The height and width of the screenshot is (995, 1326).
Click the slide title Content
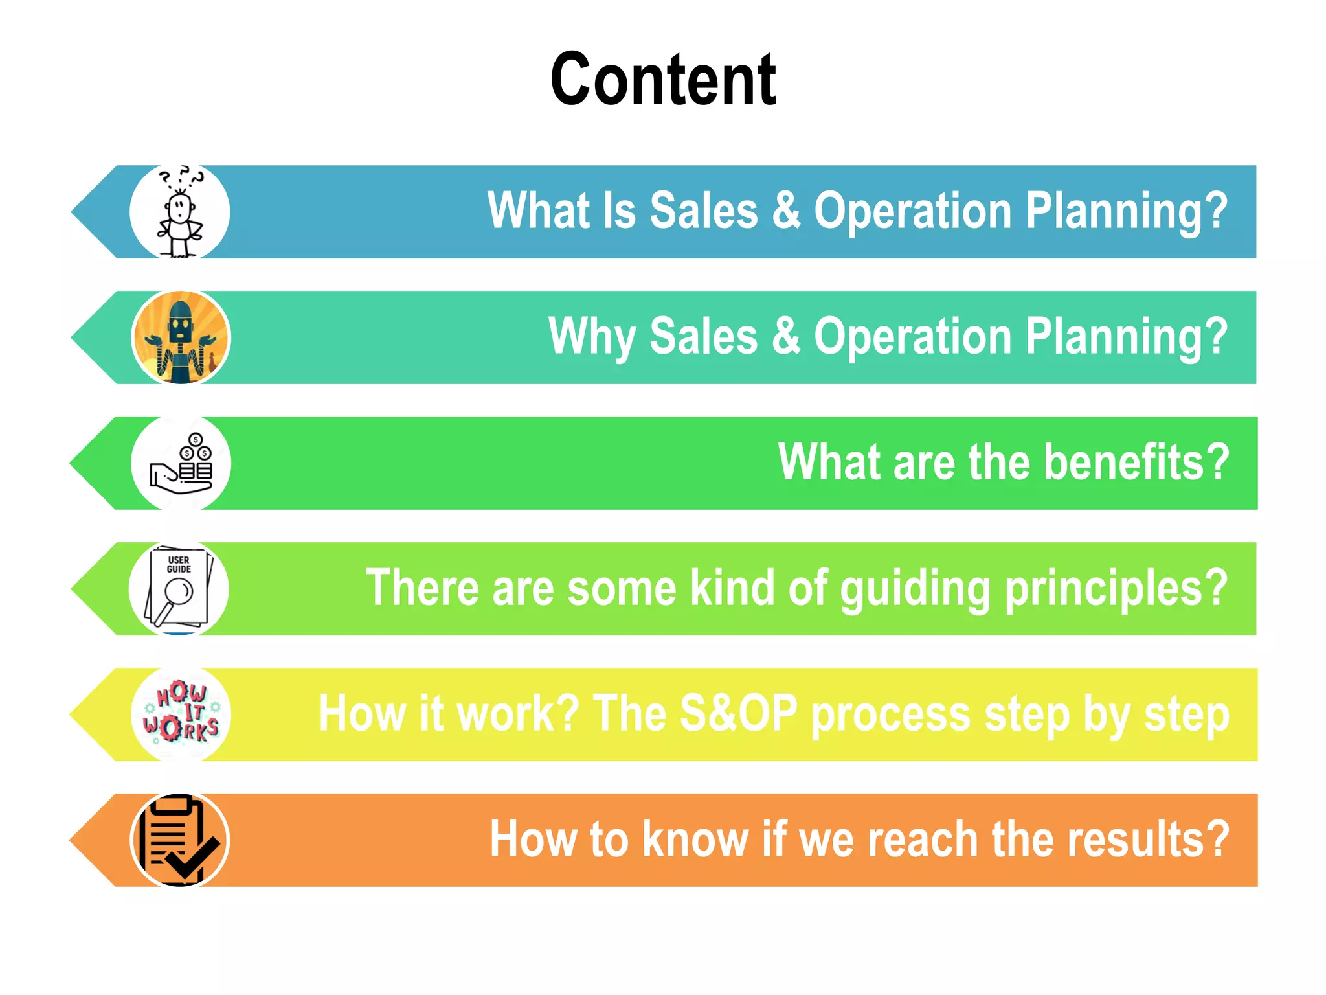point(663,80)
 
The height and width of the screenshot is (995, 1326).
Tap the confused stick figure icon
point(180,212)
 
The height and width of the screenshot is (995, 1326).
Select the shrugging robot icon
point(181,337)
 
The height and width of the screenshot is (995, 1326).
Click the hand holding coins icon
point(181,463)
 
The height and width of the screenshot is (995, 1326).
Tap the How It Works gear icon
point(181,714)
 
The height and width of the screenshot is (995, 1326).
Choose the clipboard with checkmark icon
point(180,840)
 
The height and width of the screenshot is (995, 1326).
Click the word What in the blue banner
point(538,211)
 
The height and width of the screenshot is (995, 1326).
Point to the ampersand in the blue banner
point(786,211)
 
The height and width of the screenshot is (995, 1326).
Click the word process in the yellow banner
point(891,715)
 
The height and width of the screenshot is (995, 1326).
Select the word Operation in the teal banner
point(913,337)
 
